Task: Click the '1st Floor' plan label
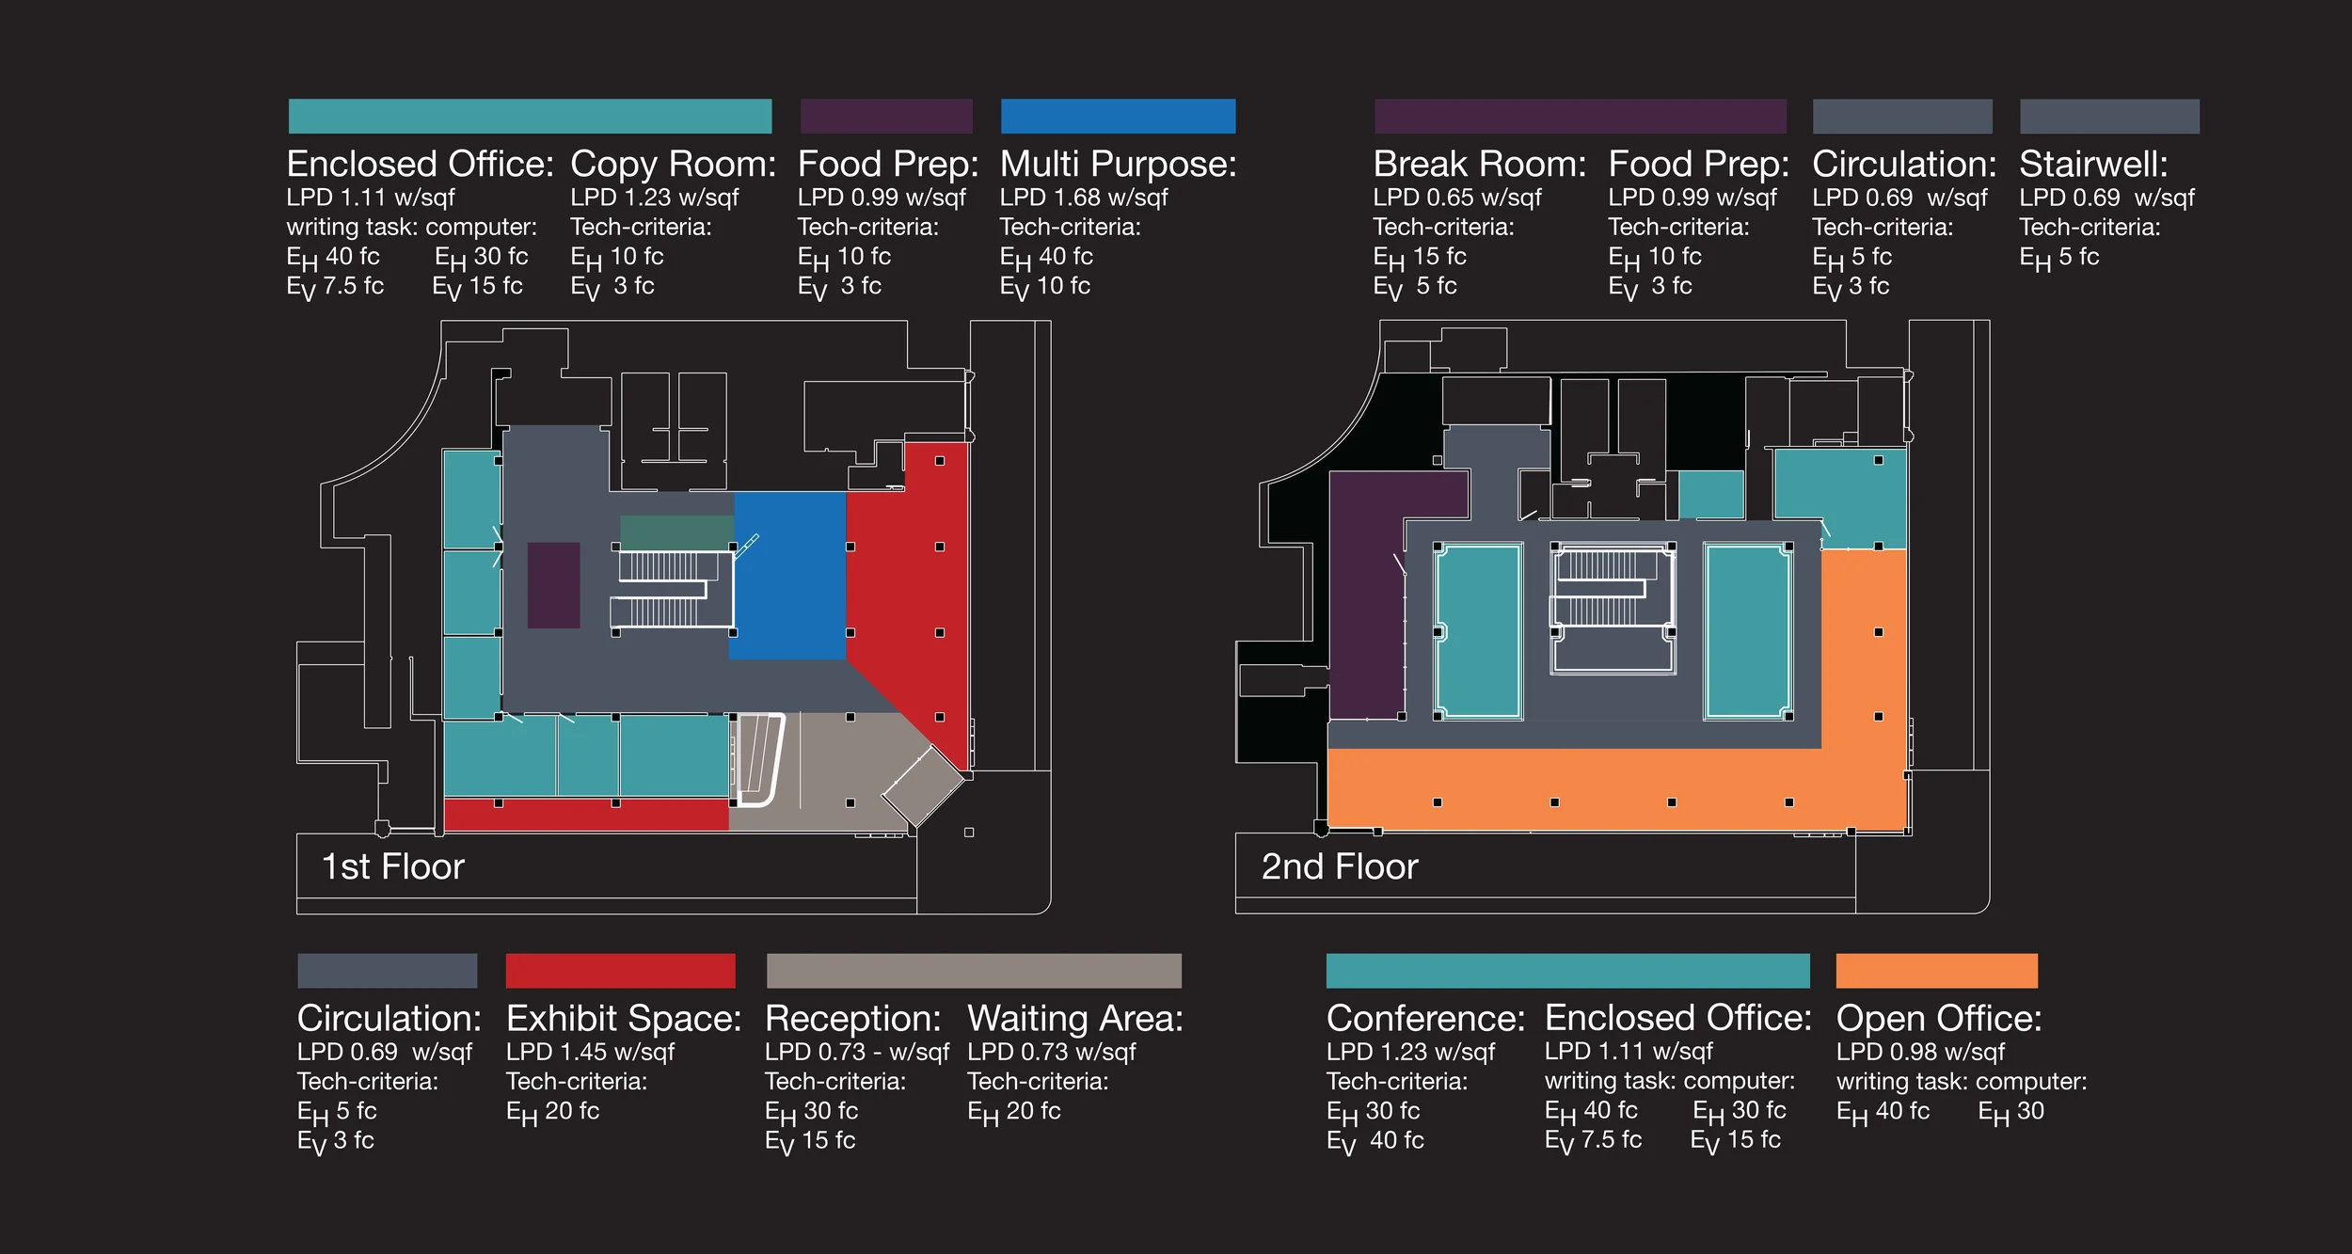click(393, 866)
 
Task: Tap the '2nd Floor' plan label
click(1339, 866)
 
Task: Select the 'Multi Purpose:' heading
click(1118, 165)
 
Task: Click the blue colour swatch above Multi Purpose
click(1118, 116)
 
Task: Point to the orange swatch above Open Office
click(1936, 970)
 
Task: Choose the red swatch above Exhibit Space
click(620, 970)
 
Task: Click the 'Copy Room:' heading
click(673, 165)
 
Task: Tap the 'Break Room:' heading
click(1479, 165)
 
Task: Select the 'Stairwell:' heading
click(2093, 165)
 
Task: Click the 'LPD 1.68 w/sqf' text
click(1083, 198)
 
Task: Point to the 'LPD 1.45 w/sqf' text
click(590, 1052)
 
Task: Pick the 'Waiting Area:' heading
click(1074, 1019)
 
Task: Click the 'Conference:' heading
click(1425, 1019)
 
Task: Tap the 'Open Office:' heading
click(1939, 1019)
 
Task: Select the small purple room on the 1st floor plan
click(553, 584)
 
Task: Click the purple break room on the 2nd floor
click(1364, 602)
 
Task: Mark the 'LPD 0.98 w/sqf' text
click(1920, 1052)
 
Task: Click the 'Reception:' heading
click(852, 1019)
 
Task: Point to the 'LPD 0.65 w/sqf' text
click(1457, 198)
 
